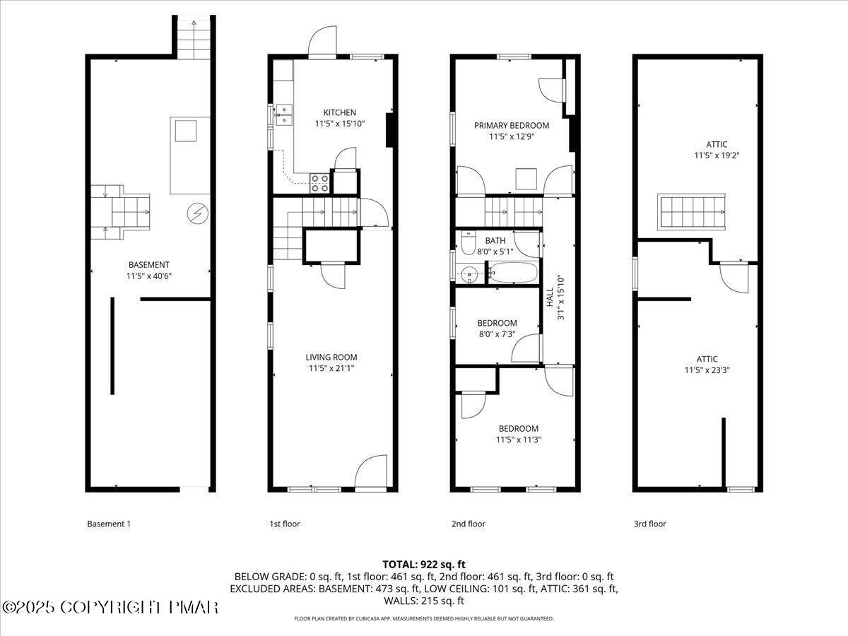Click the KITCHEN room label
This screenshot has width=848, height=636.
coord(339,112)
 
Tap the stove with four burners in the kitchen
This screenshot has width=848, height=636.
coord(319,183)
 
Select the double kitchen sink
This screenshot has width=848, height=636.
coord(285,114)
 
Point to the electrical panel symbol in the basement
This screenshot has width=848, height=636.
coord(196,212)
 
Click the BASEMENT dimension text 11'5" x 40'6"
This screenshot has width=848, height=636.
coord(148,276)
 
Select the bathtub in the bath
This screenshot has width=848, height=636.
coord(512,272)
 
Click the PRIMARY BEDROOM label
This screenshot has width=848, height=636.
coord(511,126)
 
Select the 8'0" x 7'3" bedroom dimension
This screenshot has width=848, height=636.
coord(497,334)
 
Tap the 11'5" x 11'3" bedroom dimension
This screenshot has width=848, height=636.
coord(518,440)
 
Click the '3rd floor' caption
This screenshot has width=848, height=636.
coord(649,524)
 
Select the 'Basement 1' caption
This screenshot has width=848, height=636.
coord(109,524)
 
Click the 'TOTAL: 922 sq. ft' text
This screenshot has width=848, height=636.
coord(424,564)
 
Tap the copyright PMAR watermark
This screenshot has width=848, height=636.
coord(110,607)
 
